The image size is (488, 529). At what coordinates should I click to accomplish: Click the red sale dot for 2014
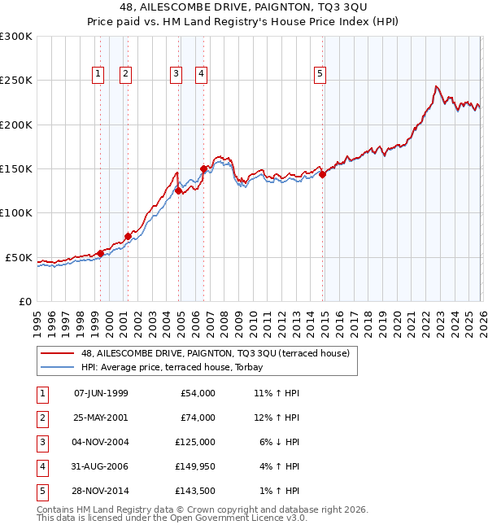322,174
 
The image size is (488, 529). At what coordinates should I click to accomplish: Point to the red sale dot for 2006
203,168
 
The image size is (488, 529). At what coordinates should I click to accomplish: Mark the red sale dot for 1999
100,253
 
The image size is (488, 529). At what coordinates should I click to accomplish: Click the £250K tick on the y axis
16,81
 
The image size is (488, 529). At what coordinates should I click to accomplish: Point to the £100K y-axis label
16,212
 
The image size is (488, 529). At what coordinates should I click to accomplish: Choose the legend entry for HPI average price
180,367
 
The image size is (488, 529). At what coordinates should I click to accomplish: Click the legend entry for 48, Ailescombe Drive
215,353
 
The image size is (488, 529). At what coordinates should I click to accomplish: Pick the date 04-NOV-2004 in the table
101,442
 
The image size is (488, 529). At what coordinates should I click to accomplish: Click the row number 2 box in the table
40,418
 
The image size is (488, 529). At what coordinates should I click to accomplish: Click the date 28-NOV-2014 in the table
101,491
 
